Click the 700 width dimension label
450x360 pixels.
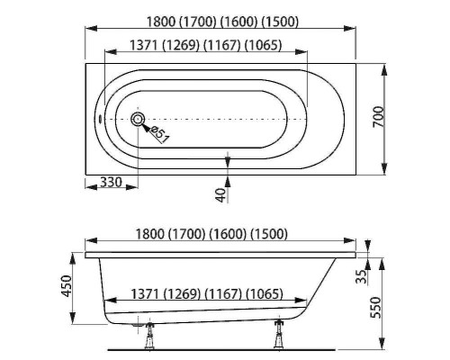tap(379, 116)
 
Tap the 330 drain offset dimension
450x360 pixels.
tap(111, 182)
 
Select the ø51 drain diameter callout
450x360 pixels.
tap(160, 134)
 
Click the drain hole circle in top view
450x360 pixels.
tap(138, 120)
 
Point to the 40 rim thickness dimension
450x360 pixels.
tap(220, 195)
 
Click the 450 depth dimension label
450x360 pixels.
tap(67, 286)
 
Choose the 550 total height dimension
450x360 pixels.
tap(375, 308)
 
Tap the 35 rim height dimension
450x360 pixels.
tap(361, 276)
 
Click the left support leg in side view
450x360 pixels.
tap(149, 336)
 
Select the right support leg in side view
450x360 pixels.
tap(279, 334)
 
